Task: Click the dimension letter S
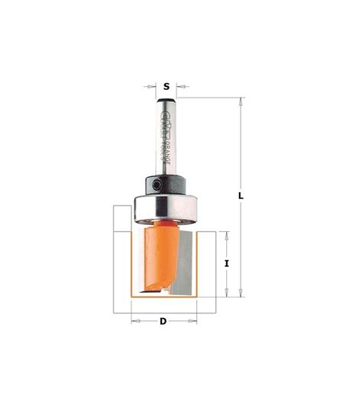[166, 87]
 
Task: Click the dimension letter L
[241, 195]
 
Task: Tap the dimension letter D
[163, 321]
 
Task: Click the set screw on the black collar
[155, 183]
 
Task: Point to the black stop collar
[163, 185]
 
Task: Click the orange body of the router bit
[157, 256]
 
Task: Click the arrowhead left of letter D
[135, 321]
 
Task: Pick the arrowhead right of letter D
[192, 321]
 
